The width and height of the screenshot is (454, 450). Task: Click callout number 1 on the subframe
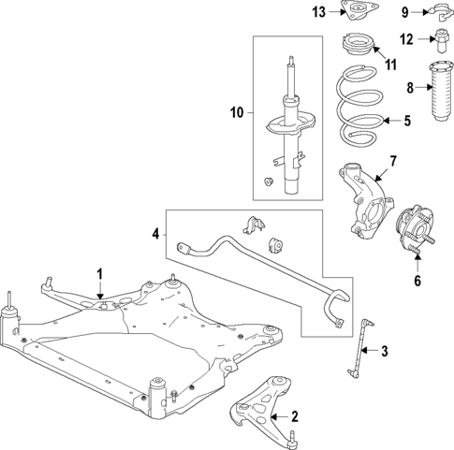click(97, 272)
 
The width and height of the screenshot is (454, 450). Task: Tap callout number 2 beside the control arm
click(294, 416)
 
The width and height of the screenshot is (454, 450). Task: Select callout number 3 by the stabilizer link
click(384, 351)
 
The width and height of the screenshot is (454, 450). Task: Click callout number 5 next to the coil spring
click(407, 120)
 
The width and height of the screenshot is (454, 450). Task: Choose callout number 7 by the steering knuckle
click(393, 161)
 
